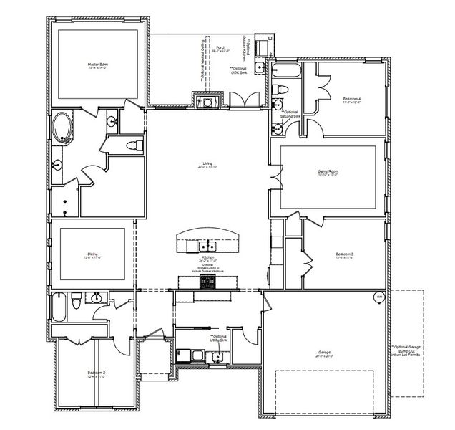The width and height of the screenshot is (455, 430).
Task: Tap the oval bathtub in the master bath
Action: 62,128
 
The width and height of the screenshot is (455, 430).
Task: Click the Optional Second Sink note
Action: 290,114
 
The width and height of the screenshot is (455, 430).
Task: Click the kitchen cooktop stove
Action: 208,282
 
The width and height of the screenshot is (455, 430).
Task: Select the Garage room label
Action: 328,353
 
